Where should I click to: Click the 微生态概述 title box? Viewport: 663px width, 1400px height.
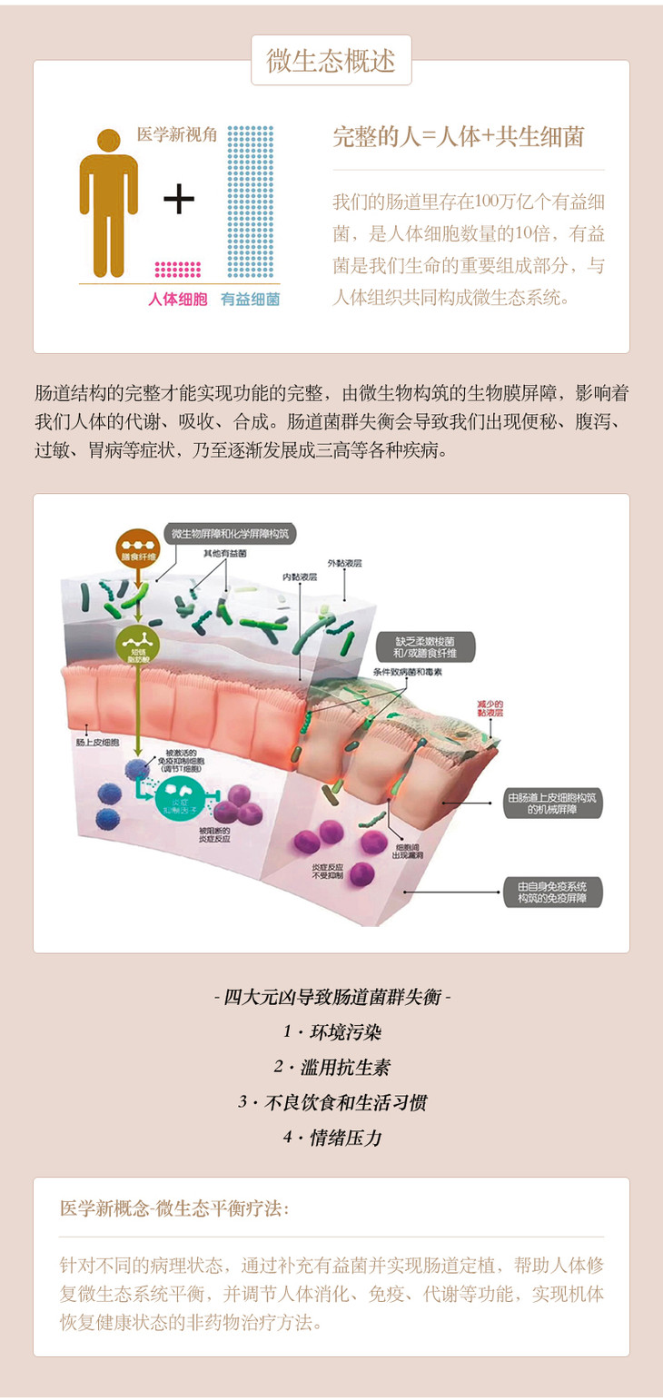coord(331,61)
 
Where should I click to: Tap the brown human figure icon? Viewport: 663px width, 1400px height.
coord(108,202)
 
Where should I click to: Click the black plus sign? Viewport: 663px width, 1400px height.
coord(179,200)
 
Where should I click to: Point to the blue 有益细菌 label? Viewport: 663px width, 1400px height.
coord(250,299)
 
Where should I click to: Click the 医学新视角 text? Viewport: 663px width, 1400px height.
coord(177,134)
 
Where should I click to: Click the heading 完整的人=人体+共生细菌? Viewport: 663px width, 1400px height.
coord(459,137)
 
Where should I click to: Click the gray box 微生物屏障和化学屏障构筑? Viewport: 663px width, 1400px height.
coord(232,534)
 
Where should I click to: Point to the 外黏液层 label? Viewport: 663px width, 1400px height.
coord(345,563)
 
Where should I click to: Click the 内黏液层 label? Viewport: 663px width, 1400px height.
coord(297,576)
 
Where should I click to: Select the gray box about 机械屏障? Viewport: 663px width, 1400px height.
coord(552,804)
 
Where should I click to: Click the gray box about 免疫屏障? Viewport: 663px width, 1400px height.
coord(552,892)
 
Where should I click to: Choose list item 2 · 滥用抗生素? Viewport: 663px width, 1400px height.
coord(331,1068)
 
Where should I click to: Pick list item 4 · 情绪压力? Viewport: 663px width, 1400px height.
coord(331,1138)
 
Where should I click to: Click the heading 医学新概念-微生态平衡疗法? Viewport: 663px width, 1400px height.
coord(175,1208)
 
